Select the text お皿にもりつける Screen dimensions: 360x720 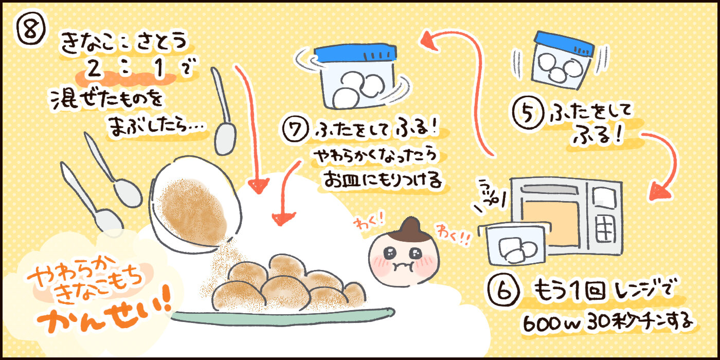coord(381,180)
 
